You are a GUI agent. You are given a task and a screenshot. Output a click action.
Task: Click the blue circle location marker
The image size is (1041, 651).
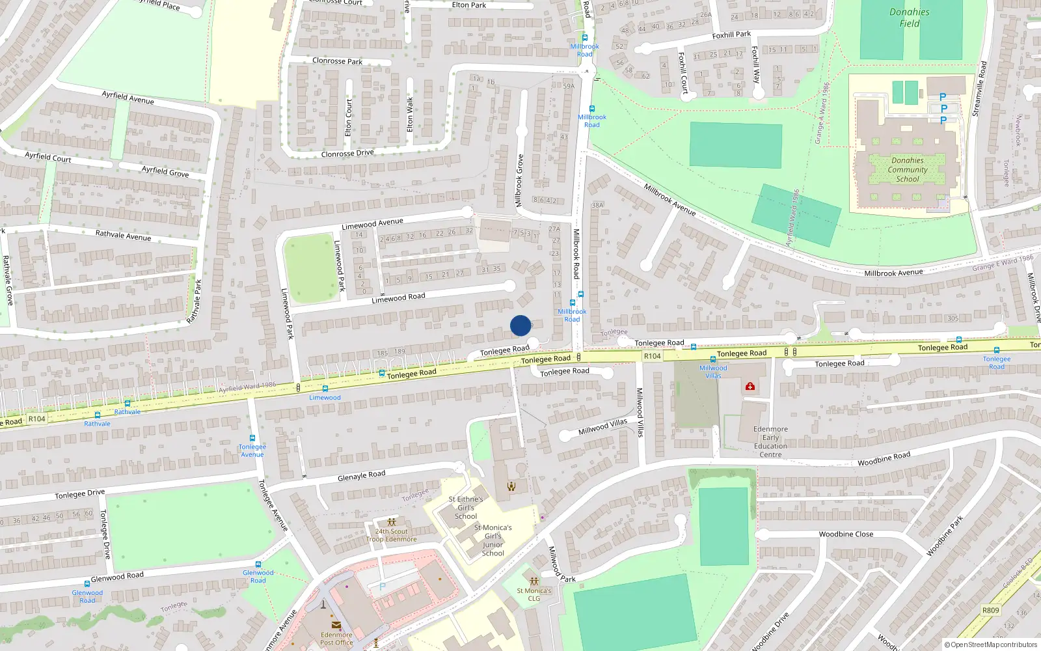pos(520,325)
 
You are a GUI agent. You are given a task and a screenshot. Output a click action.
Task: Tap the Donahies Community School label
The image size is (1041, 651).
pos(908,170)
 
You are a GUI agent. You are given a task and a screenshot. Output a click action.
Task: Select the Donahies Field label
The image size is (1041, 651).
pos(909,18)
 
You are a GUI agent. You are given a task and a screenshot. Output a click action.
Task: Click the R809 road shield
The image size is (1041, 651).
pos(990,610)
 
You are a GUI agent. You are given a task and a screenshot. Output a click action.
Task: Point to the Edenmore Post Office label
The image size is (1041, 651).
pos(336,639)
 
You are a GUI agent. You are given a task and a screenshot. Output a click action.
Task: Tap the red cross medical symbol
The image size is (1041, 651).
pos(750,387)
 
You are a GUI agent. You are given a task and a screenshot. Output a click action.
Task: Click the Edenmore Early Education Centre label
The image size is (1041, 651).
pos(770,441)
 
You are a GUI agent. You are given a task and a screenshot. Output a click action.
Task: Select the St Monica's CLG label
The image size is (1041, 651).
pos(534,594)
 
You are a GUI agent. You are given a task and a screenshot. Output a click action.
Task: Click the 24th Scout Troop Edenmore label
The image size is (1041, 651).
pos(391,535)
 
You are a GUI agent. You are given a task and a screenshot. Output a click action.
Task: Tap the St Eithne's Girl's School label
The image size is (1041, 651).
pos(466,508)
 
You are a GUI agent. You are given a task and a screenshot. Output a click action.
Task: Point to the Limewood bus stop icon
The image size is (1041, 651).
pos(325,389)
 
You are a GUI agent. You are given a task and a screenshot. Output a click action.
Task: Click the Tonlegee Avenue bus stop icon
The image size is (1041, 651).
pos(252,439)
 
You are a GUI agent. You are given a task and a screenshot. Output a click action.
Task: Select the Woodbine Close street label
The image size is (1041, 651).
pos(846,534)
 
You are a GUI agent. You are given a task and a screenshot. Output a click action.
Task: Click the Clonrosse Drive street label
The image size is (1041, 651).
pos(347,154)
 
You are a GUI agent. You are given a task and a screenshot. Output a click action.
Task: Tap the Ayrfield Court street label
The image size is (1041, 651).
pos(48,157)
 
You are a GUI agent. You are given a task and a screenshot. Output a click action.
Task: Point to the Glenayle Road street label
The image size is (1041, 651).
pos(361,477)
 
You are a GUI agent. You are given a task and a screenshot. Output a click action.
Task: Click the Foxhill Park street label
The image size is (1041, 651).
pos(731,35)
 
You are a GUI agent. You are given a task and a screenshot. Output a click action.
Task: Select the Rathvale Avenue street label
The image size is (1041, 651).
pos(123,235)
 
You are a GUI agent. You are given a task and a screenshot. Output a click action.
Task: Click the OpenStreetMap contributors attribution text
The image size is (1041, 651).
pos(991,644)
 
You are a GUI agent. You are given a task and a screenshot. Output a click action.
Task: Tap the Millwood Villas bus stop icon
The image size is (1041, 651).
pos(713,359)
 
